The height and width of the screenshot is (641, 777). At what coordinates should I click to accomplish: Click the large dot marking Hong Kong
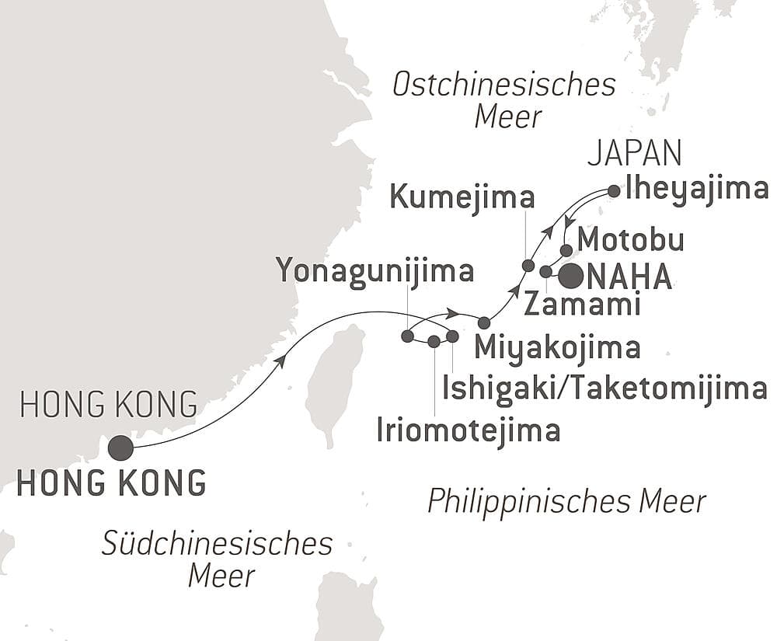tap(120, 448)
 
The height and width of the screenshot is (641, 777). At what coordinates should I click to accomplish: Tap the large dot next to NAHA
tap(572, 276)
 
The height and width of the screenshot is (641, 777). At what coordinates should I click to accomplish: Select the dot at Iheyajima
tap(613, 190)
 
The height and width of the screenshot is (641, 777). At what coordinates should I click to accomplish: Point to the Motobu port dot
tap(566, 250)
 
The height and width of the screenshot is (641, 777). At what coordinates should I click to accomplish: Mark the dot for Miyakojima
tap(484, 322)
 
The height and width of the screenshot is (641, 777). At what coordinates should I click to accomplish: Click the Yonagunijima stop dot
tap(407, 336)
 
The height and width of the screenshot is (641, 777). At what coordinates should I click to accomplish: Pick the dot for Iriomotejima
tap(434, 340)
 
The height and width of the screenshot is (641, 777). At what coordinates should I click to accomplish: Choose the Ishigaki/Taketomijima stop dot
tap(452, 336)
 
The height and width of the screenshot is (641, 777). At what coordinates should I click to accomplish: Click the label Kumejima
tap(462, 197)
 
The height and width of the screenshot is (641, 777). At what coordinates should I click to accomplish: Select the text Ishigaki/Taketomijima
tap(605, 388)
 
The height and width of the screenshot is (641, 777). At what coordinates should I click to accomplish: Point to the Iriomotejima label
tap(468, 430)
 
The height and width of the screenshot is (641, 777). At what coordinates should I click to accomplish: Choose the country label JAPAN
tap(634, 155)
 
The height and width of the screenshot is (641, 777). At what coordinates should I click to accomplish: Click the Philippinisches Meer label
tap(566, 501)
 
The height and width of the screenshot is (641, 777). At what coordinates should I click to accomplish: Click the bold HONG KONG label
tap(112, 482)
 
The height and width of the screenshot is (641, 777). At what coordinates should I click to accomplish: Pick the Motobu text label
tap(631, 240)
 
